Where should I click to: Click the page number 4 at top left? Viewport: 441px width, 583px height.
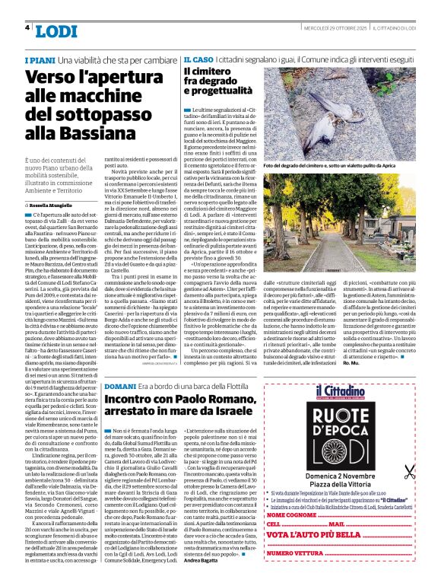(x=27, y=28)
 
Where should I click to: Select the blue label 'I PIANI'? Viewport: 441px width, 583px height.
(x=40, y=59)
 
